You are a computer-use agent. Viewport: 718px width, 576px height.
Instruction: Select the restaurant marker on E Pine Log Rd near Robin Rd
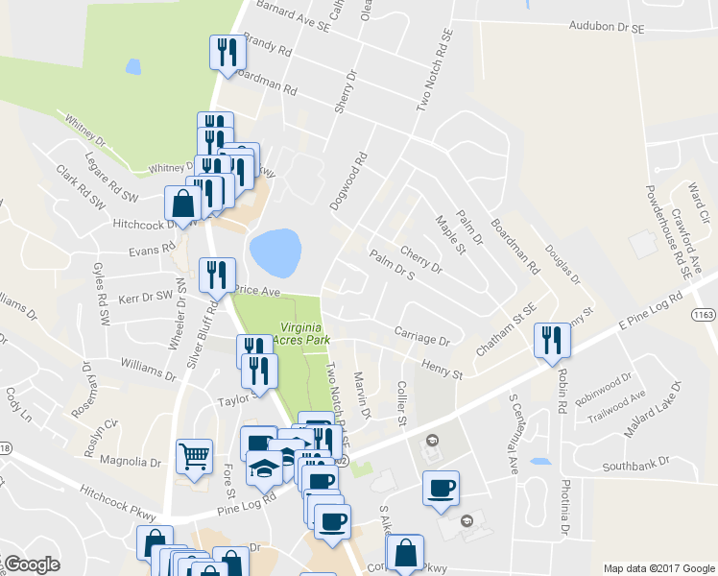552,340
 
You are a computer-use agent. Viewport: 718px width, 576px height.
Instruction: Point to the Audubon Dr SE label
607,27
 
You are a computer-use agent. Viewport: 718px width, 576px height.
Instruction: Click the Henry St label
443,367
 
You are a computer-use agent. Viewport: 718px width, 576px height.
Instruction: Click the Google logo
31,564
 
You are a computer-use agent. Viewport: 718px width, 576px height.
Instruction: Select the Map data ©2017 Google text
658,567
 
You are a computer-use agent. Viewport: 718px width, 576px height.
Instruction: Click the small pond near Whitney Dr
132,67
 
